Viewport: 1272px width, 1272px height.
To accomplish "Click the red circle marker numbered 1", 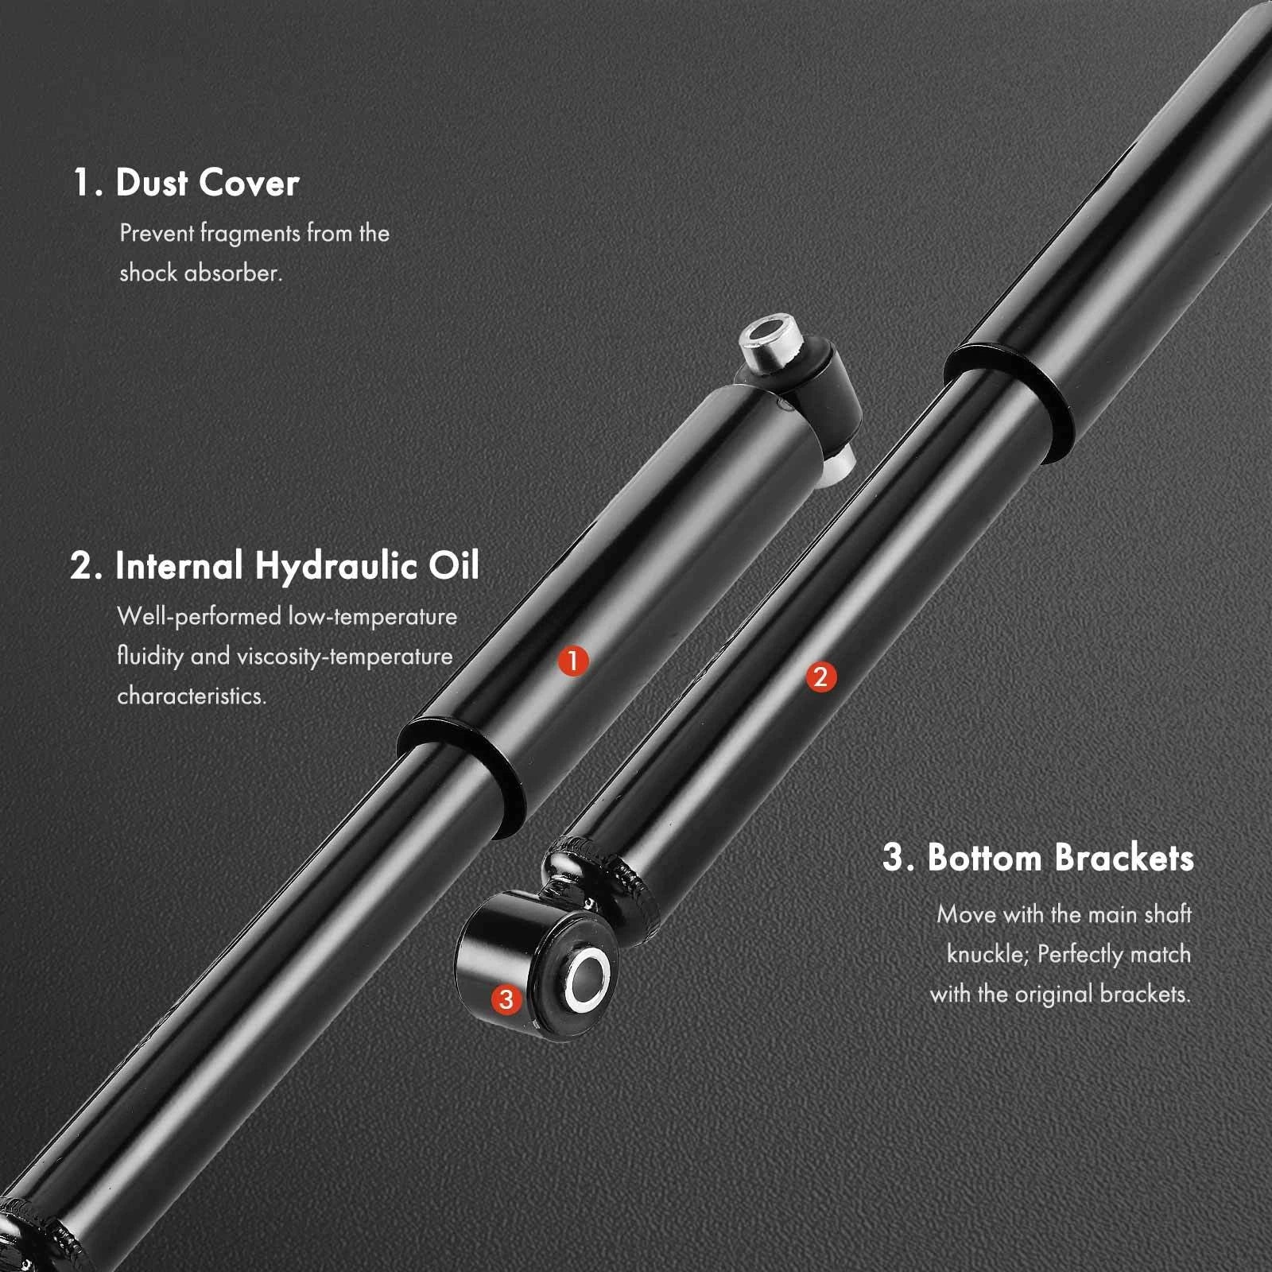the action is point(572,660).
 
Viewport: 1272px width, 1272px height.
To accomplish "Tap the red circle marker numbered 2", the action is point(820,677).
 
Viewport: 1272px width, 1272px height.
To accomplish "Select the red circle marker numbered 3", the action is point(506,999).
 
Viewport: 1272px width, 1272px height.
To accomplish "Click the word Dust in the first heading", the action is point(152,183).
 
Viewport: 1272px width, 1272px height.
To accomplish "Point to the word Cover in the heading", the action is point(249,183).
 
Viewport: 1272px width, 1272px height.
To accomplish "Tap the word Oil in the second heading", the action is point(454,566).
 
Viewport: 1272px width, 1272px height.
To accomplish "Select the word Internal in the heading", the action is point(179,566).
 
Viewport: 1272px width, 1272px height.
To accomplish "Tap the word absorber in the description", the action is point(233,273).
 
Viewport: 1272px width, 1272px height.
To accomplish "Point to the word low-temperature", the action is point(372,617).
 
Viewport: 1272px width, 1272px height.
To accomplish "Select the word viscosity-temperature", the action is point(344,657).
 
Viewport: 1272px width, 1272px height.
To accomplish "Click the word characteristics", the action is point(192,696).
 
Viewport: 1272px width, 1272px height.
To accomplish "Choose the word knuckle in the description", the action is point(988,954).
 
